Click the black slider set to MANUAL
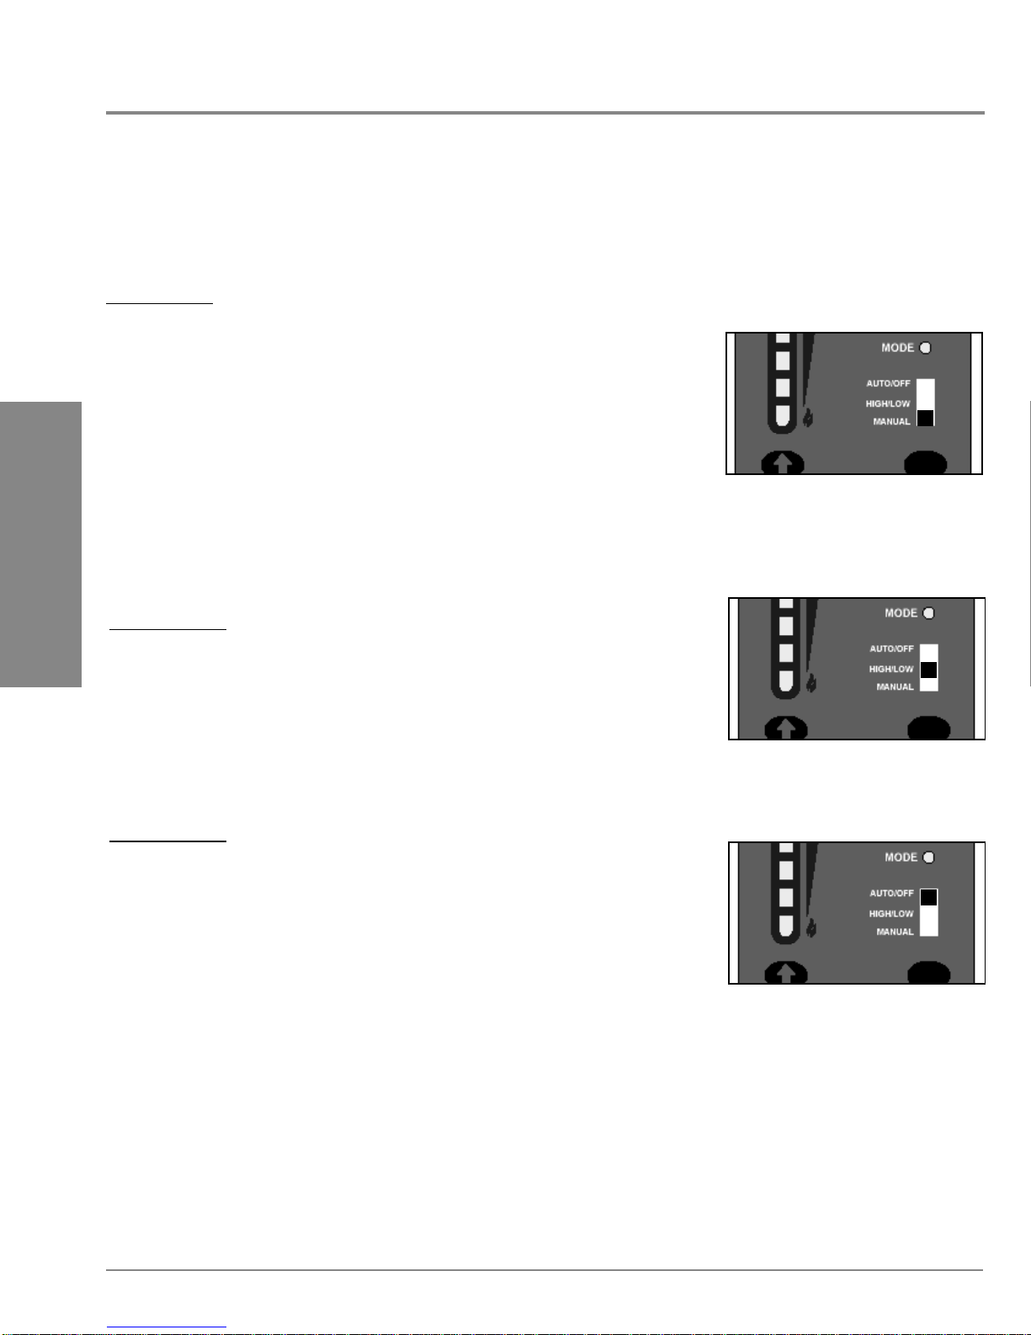tap(925, 418)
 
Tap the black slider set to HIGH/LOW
tap(928, 670)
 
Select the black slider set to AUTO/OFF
tap(928, 897)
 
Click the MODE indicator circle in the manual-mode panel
tap(926, 348)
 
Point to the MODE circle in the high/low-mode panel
tap(928, 613)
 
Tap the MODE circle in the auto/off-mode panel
tap(928, 857)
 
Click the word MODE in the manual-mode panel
tap(898, 348)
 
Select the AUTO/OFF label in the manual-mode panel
tap(888, 383)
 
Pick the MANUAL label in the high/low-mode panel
tap(895, 686)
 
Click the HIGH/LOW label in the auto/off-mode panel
tap(891, 914)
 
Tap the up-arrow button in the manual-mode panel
tap(783, 463)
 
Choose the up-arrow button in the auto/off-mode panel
tap(786, 973)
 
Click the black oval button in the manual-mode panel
tap(926, 462)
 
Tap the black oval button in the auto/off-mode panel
tap(928, 973)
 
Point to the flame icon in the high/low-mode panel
tap(811, 683)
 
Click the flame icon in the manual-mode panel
tap(808, 418)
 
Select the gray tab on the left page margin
tap(40, 544)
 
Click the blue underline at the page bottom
tap(167, 1327)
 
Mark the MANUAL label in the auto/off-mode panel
tap(895, 932)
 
